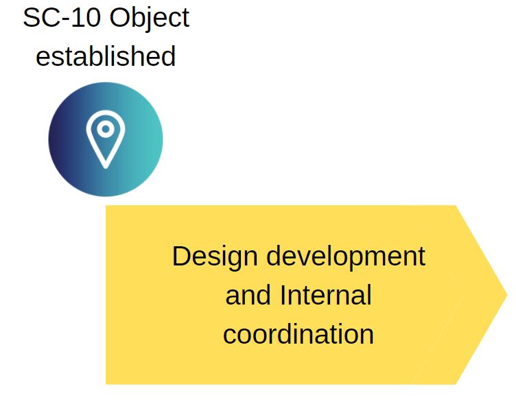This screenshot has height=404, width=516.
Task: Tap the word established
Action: click(106, 56)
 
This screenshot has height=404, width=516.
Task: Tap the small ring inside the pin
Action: click(105, 128)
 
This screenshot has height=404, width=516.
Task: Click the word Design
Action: click(215, 257)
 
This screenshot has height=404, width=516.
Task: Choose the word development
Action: click(346, 257)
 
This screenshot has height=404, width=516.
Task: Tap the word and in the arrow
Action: click(248, 296)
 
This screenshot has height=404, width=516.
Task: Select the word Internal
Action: click(326, 296)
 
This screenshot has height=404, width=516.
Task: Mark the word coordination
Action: click(298, 335)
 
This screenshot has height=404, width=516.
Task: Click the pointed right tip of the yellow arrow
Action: click(504, 295)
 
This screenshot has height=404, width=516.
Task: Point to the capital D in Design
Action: click(180, 257)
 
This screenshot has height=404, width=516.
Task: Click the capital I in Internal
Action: click(283, 296)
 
